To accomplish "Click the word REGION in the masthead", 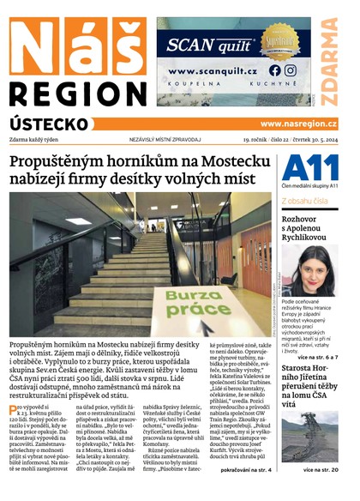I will click(77, 92).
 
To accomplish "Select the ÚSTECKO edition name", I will click(51, 124).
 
